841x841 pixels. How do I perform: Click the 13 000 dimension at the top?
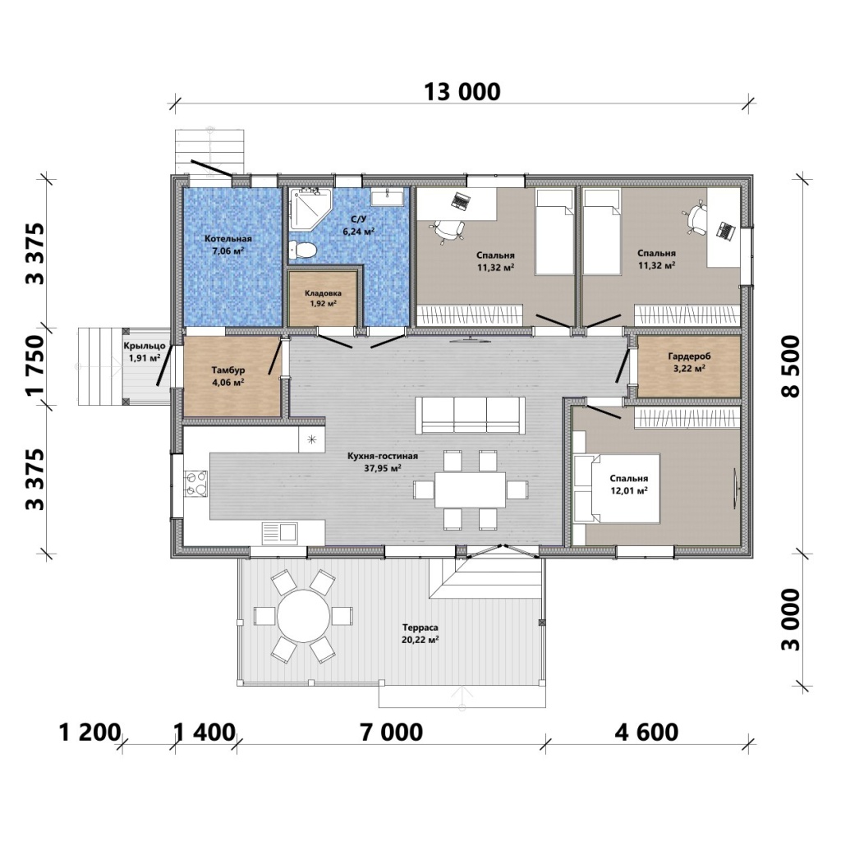462,92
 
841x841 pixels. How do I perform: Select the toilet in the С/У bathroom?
302,250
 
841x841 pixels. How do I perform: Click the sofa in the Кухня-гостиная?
471,416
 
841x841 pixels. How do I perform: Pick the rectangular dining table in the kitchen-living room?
470,489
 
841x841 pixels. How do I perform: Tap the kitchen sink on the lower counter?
279,533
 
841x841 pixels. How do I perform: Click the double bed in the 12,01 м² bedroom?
617,489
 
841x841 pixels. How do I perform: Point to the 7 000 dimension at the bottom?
392,732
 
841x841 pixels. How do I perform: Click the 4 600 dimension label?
646,732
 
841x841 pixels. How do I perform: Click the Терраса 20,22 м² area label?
420,633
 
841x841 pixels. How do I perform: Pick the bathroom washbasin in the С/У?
388,196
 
